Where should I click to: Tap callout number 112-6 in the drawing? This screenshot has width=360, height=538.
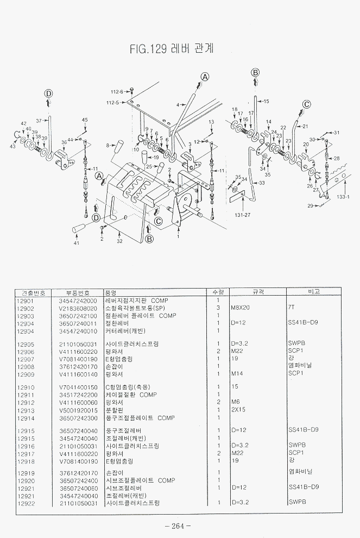click(117, 91)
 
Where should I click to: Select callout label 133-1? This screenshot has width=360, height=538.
click(343, 196)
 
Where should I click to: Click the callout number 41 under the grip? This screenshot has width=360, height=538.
click(77, 243)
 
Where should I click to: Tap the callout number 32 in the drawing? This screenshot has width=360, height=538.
click(119, 240)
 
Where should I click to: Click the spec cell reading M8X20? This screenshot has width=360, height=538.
click(239, 308)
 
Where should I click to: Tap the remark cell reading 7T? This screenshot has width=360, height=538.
click(291, 308)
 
